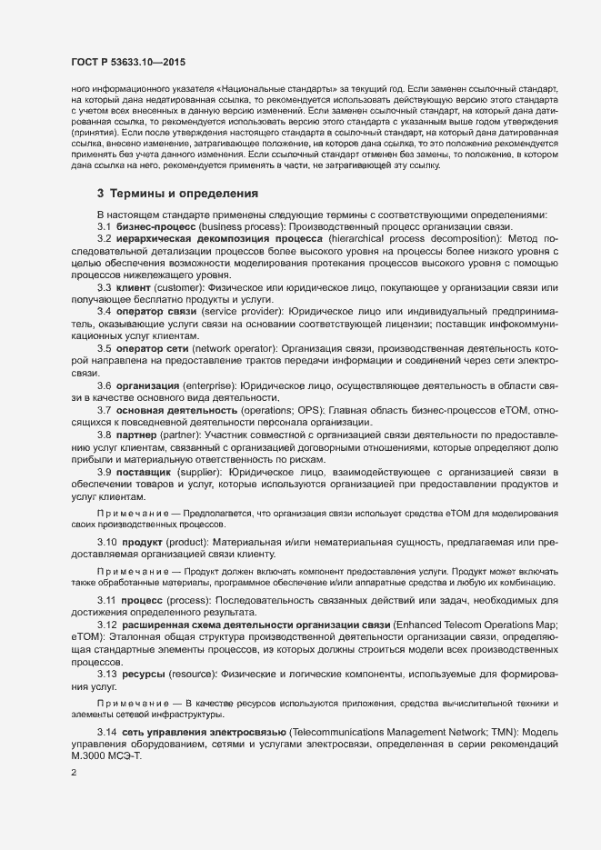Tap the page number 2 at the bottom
click(x=74, y=774)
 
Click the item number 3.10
click(x=107, y=543)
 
